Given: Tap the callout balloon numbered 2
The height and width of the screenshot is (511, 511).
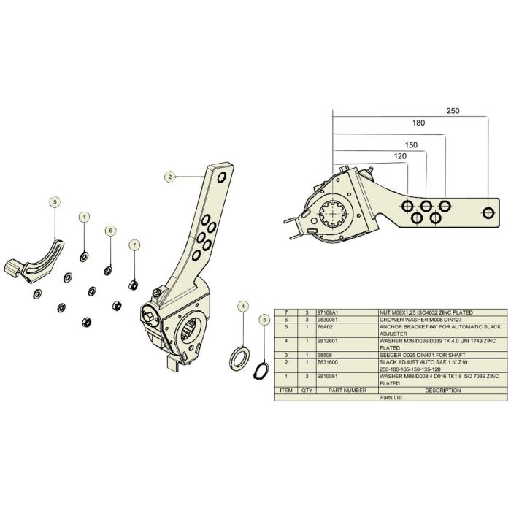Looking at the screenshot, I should tap(169, 176).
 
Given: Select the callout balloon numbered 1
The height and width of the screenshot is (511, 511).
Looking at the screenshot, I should tap(84, 217).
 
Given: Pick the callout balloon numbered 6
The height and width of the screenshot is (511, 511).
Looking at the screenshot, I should tap(110, 230).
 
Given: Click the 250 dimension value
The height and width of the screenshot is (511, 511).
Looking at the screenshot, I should tap(453, 112).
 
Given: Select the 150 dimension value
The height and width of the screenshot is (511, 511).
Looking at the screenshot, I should tap(410, 145).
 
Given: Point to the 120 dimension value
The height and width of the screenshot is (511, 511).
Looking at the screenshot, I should tap(399, 156).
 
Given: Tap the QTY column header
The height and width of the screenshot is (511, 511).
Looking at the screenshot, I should tap(307, 391).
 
